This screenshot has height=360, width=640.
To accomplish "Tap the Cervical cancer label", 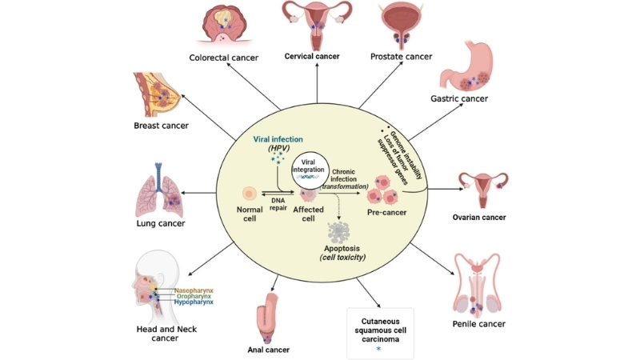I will point(312,56).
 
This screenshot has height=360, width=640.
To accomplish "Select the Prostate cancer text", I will point(401,56).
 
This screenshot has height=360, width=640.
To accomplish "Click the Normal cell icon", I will point(249,194).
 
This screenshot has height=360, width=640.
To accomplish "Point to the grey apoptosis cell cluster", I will point(345,234).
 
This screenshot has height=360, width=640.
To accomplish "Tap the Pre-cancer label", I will point(387,213).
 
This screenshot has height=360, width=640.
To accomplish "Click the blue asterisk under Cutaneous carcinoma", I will point(379,349).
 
